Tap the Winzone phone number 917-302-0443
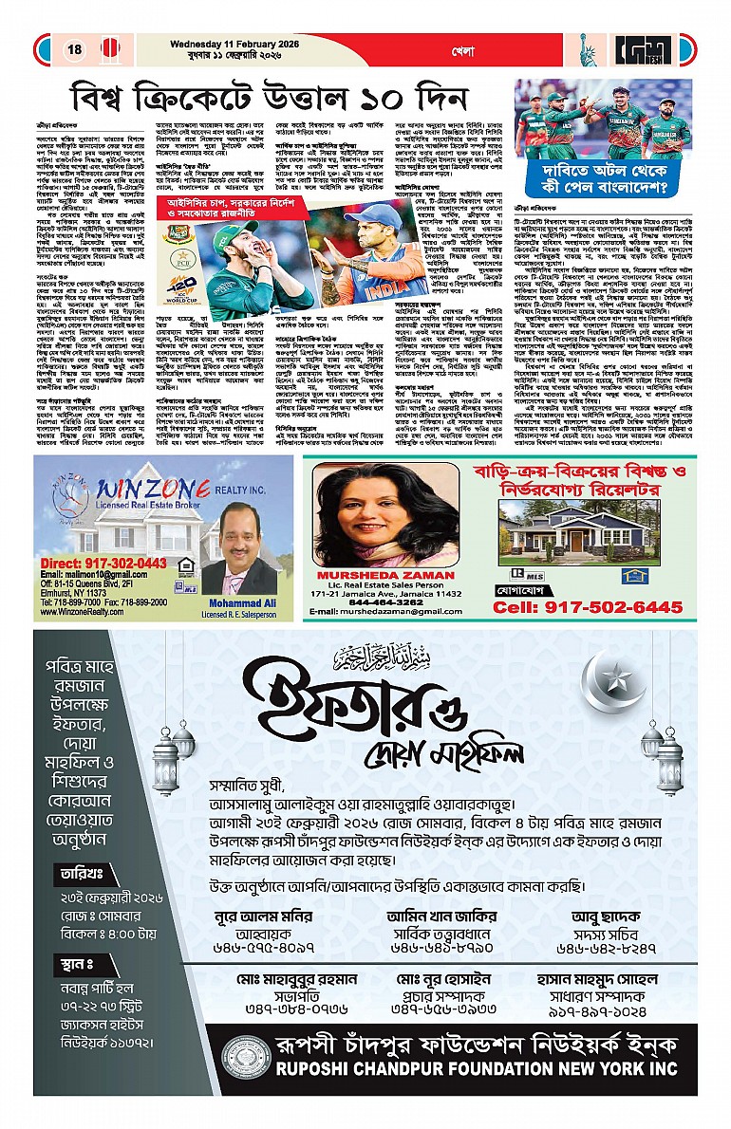[96, 563]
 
